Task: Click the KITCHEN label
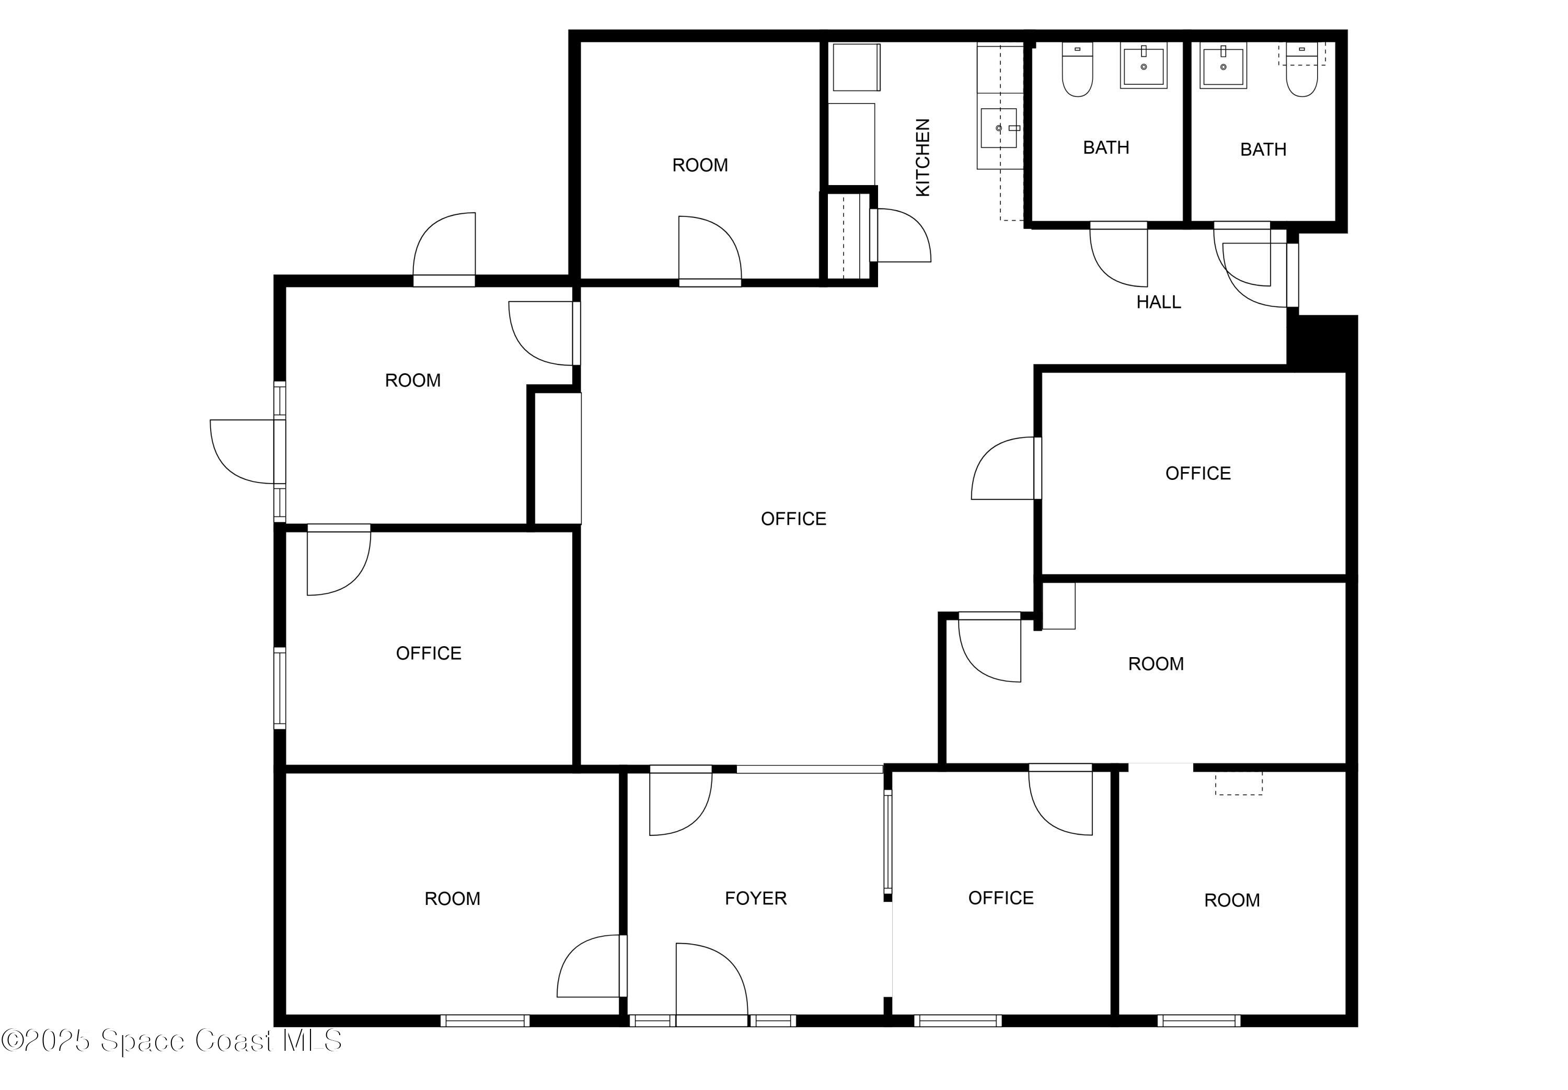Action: point(921,158)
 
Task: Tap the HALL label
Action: point(1158,302)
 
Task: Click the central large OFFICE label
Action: point(793,519)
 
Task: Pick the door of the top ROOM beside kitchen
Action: point(709,249)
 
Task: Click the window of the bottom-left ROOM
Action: point(484,1020)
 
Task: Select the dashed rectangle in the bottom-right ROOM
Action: point(1238,783)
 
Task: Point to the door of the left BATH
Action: point(1118,254)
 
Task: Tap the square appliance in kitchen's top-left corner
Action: point(856,67)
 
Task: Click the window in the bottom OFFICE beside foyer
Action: point(957,1020)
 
